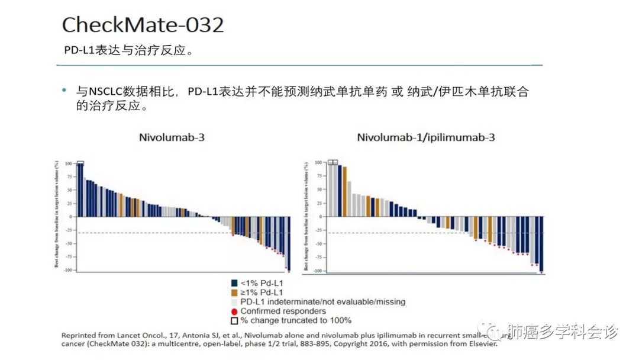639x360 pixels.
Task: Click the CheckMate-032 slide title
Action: coord(143,25)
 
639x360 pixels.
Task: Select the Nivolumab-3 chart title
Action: coord(172,138)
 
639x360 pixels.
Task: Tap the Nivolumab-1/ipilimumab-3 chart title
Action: coord(425,138)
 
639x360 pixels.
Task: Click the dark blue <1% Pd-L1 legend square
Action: coord(234,283)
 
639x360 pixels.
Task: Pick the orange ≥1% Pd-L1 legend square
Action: coord(234,292)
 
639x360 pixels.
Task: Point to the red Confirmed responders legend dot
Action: coord(234,311)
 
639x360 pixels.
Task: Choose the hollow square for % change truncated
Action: coord(234,321)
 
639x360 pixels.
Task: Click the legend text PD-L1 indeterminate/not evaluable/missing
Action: coord(322,302)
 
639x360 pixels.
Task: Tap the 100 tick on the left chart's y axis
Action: coord(69,163)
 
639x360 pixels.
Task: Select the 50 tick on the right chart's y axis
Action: coord(319,189)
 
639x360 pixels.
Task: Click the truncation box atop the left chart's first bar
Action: coord(80,163)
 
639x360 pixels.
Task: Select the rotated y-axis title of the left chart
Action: coord(56,214)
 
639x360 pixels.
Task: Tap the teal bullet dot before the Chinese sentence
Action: coord(64,91)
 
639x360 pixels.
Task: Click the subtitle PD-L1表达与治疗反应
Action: coord(129,50)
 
